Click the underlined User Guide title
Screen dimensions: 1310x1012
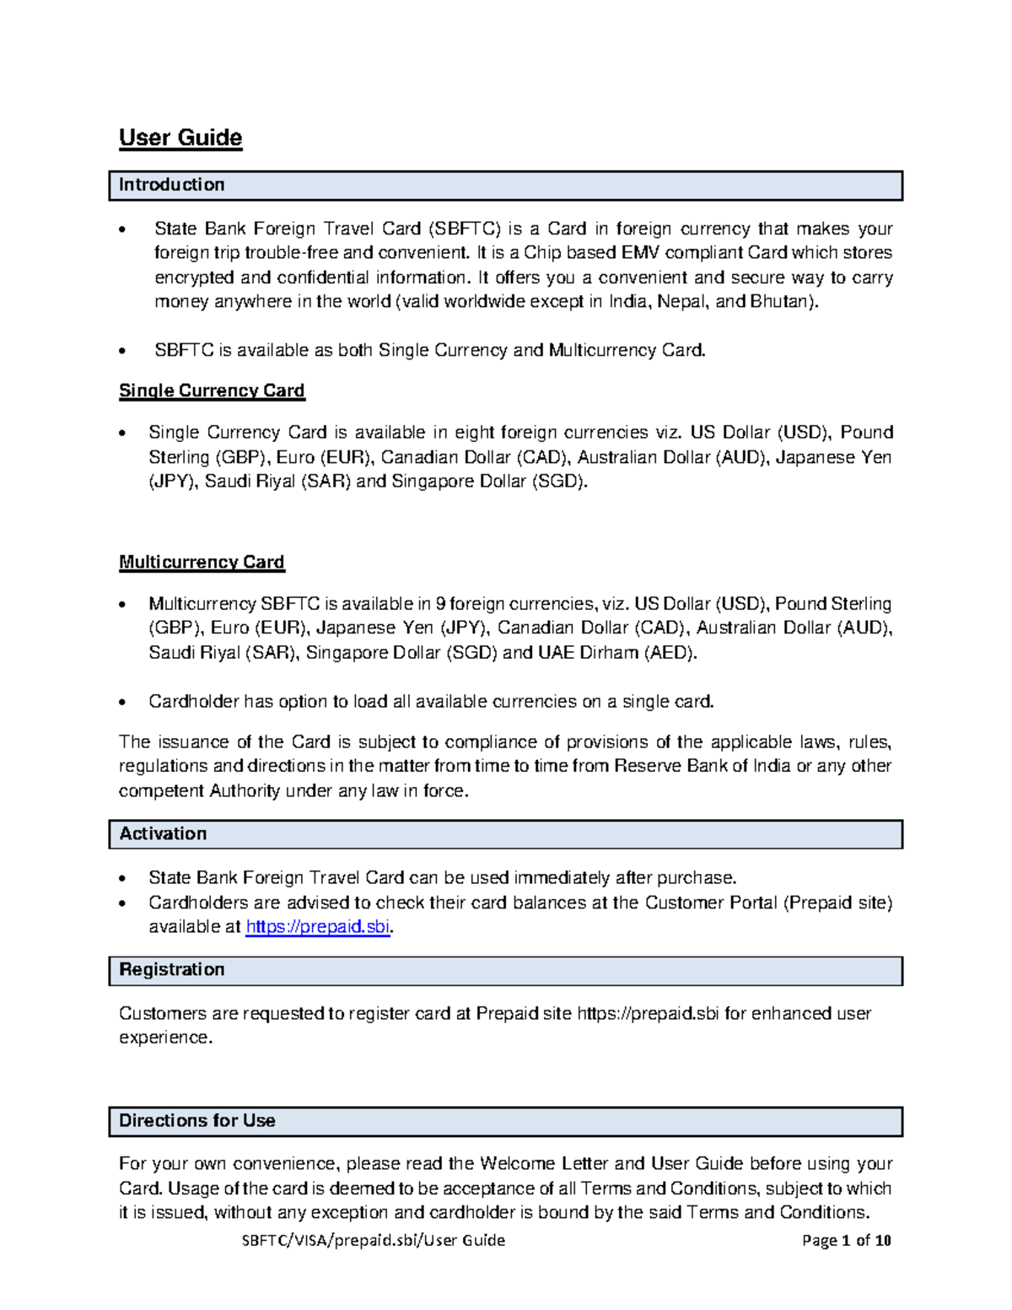[180, 137]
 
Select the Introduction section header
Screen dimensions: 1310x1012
[171, 185]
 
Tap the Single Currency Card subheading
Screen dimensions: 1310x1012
[212, 391]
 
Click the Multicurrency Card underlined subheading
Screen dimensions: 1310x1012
[202, 562]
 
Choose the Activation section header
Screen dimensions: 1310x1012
[163, 833]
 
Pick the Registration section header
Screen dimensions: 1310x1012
[172, 969]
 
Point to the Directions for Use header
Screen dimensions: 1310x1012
[197, 1120]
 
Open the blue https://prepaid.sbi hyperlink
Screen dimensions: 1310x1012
[317, 926]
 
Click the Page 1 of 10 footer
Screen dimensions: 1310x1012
[846, 1240]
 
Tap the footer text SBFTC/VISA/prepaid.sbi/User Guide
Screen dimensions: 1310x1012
[374, 1240]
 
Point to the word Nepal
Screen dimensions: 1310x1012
[682, 301]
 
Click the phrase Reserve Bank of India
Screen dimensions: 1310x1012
[702, 766]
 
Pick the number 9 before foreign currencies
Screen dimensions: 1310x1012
[439, 603]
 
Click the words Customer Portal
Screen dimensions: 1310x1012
[711, 903]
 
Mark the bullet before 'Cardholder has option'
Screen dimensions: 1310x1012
[124, 702]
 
